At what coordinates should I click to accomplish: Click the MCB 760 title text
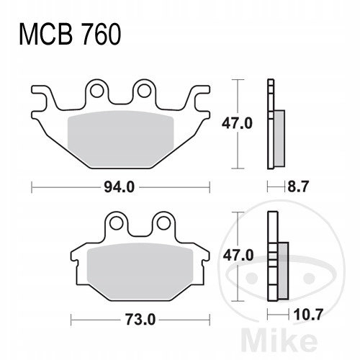[70, 34]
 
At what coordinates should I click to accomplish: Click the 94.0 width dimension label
[119, 187]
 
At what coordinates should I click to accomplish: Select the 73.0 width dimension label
[140, 320]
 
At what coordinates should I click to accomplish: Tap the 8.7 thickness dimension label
[297, 186]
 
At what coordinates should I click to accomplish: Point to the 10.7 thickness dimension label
[308, 315]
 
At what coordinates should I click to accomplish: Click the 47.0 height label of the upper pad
[237, 124]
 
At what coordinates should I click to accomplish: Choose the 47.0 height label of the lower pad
[238, 256]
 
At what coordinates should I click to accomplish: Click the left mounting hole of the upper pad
[97, 91]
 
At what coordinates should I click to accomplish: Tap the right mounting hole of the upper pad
[144, 91]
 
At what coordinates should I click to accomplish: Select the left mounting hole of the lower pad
[116, 223]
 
